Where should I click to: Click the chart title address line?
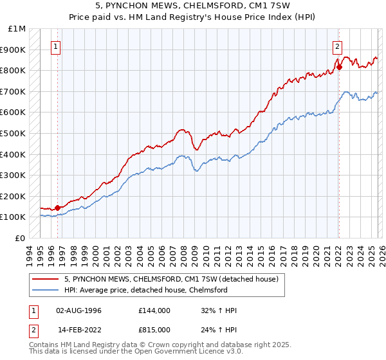click(193, 5)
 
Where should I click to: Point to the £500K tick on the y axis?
click(12, 133)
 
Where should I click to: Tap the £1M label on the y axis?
click(17, 29)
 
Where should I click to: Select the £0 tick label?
click(21, 238)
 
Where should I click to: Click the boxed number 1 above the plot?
click(57, 46)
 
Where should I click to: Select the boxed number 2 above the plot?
click(337, 46)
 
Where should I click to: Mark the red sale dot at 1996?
click(57, 208)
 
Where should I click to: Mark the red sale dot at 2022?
click(339, 67)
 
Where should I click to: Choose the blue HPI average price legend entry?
click(145, 290)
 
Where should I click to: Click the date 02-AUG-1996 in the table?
click(79, 310)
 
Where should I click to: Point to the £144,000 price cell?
click(154, 310)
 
